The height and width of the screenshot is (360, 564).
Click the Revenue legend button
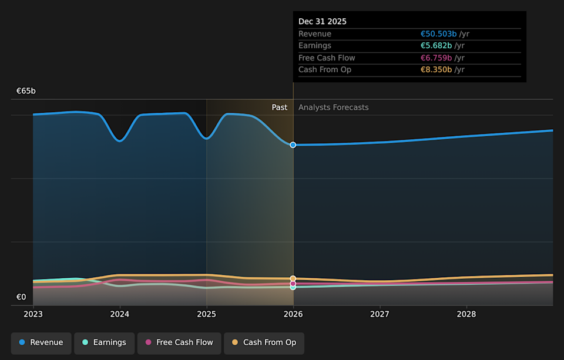(x=41, y=343)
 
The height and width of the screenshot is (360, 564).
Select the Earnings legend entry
(x=104, y=343)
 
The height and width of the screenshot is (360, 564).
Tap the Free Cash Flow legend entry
(x=179, y=343)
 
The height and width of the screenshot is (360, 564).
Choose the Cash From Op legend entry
(x=264, y=343)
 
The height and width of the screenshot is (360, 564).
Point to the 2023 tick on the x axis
(x=33, y=314)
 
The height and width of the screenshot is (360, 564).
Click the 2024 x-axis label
(x=120, y=314)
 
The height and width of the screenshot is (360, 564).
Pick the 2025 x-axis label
(x=207, y=314)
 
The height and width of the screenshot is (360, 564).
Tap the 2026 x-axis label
(x=293, y=314)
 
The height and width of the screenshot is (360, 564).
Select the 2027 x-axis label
(x=380, y=314)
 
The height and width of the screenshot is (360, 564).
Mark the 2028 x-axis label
(x=466, y=314)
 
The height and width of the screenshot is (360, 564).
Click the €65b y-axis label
(x=26, y=91)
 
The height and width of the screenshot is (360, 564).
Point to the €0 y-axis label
(x=21, y=297)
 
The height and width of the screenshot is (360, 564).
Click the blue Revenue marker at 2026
(x=293, y=144)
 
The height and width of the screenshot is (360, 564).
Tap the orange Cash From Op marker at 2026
(x=293, y=278)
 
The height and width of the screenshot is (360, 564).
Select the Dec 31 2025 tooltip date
(x=323, y=22)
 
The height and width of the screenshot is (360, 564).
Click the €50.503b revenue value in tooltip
(x=438, y=34)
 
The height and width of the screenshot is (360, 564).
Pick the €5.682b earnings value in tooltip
(x=436, y=46)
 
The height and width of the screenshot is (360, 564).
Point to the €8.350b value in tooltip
(x=436, y=70)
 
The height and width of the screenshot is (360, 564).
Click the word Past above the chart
(x=280, y=107)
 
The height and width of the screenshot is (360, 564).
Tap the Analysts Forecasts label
(x=334, y=107)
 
